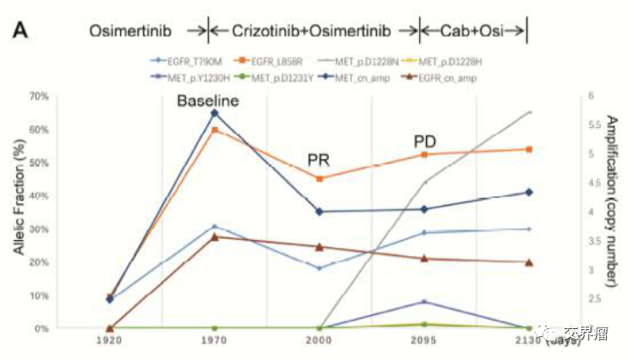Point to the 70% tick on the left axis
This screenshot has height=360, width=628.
(40, 95)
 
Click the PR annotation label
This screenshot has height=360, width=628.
(318, 160)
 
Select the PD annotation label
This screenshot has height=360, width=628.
(425, 142)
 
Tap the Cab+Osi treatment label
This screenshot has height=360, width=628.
(473, 31)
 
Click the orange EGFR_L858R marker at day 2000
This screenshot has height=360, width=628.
(319, 178)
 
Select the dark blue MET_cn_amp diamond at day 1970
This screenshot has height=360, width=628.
(214, 113)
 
